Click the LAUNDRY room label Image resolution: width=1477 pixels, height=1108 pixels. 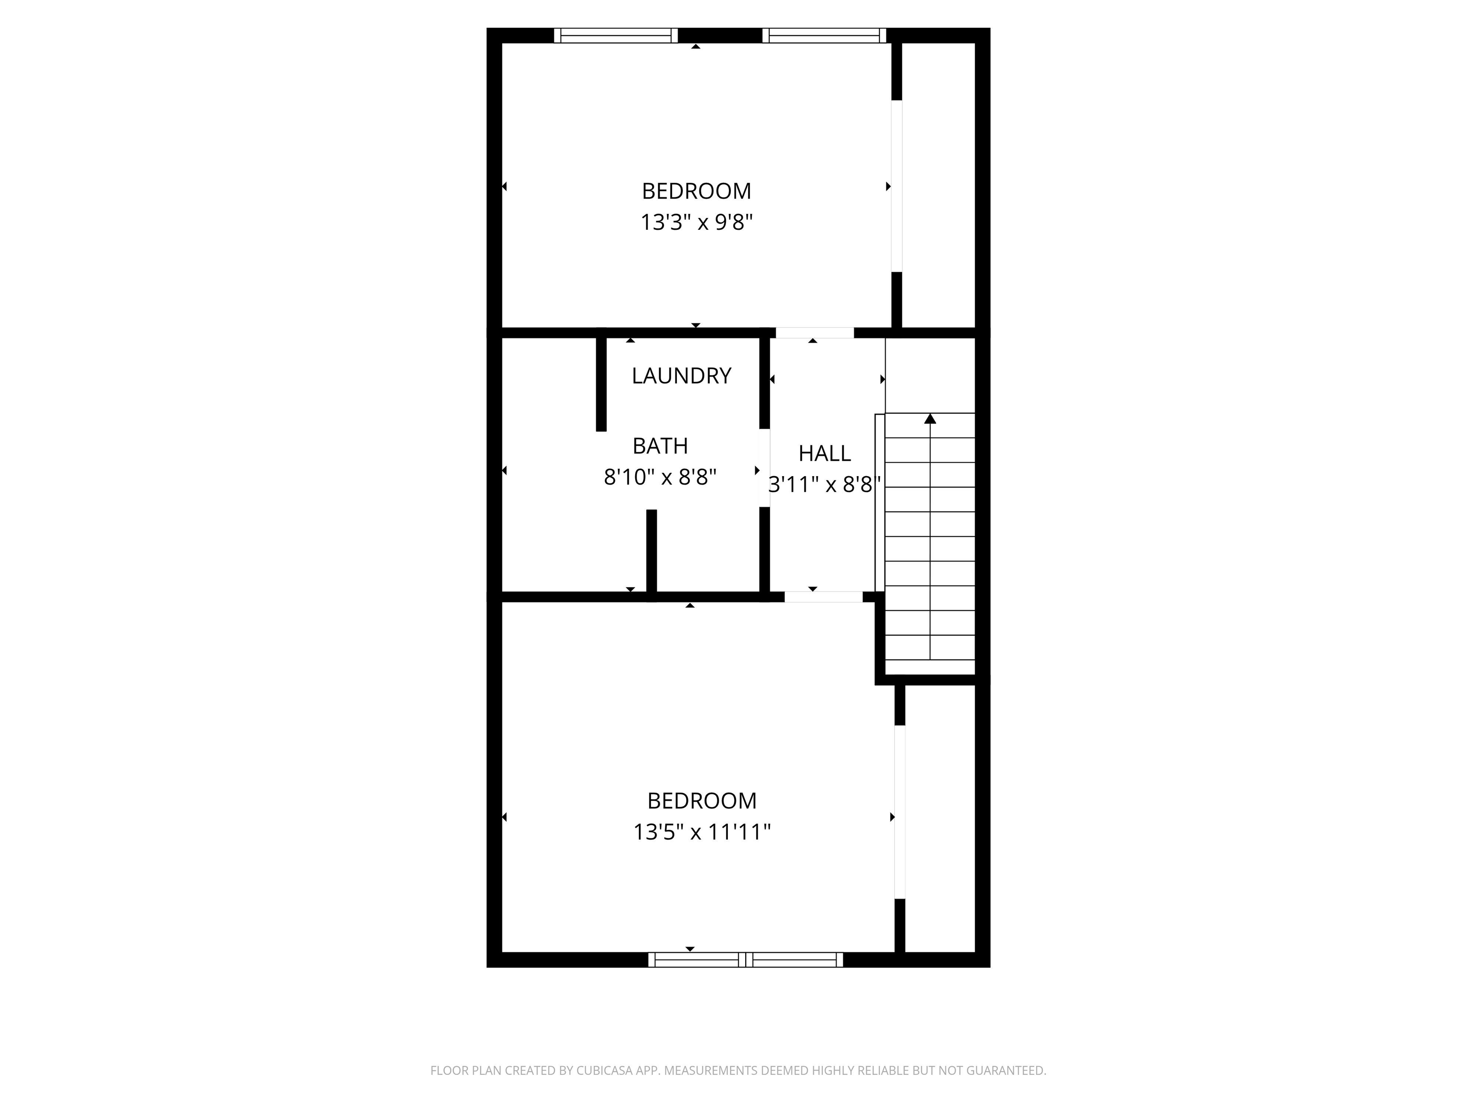[x=681, y=376]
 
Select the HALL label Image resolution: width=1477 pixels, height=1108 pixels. [x=824, y=454]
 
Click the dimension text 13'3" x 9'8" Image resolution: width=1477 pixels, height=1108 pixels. [x=697, y=222]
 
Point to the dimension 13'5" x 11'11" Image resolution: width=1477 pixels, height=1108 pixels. [x=702, y=832]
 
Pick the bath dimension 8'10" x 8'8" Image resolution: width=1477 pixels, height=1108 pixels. [x=660, y=478]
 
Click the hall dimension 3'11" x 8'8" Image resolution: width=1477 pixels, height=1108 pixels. [x=824, y=485]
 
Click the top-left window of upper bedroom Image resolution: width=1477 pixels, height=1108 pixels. [x=615, y=36]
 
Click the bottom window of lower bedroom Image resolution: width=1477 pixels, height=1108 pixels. [x=745, y=960]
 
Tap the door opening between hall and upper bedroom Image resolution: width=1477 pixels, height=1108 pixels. [x=814, y=333]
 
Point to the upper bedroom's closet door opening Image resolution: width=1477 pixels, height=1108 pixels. [x=897, y=186]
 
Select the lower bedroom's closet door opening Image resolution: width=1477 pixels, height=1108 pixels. [x=900, y=811]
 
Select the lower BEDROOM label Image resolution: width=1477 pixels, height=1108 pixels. [x=702, y=801]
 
